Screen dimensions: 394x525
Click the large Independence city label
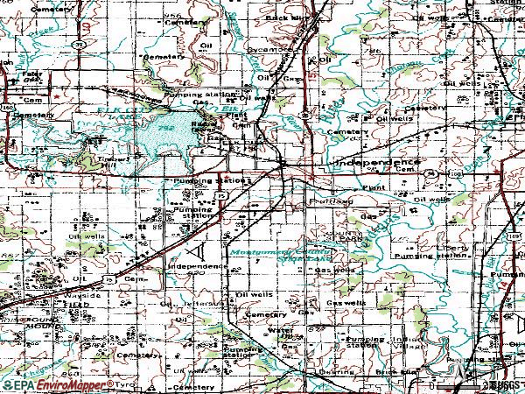point(375,164)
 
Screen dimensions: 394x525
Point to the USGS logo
point(502,384)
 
